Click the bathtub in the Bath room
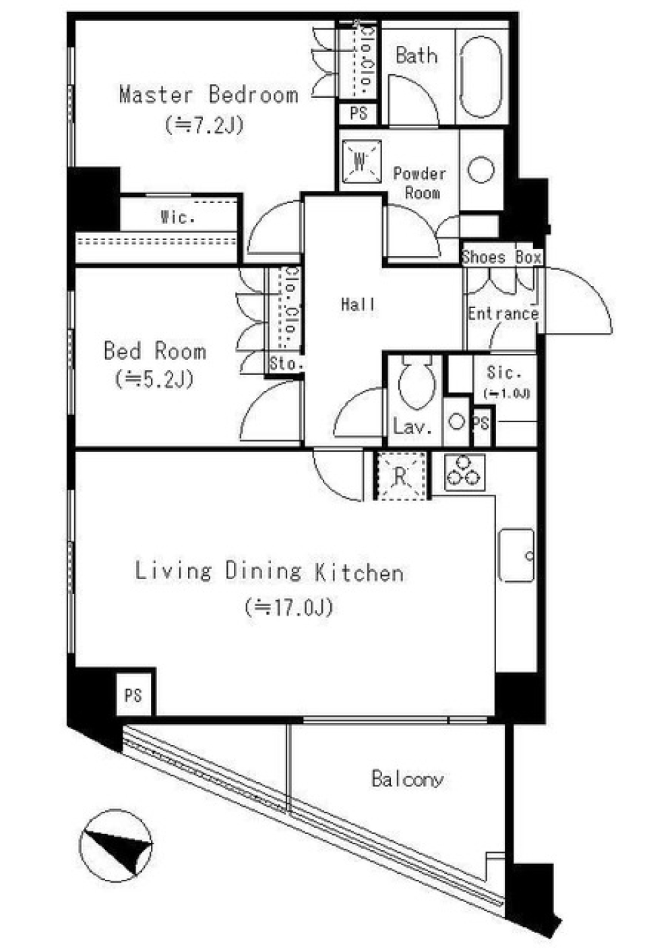click(481, 77)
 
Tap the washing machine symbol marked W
click(361, 161)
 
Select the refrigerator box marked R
click(401, 476)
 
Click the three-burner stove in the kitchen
click(464, 472)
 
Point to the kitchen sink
click(516, 556)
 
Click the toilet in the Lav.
click(416, 382)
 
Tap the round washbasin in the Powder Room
click(481, 170)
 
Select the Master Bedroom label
click(209, 95)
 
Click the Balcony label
click(408, 779)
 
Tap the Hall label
click(358, 304)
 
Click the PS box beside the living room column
click(133, 697)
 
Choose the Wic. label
click(178, 218)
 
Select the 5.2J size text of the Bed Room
click(154, 379)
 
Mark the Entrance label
click(503, 314)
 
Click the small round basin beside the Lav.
click(456, 421)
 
